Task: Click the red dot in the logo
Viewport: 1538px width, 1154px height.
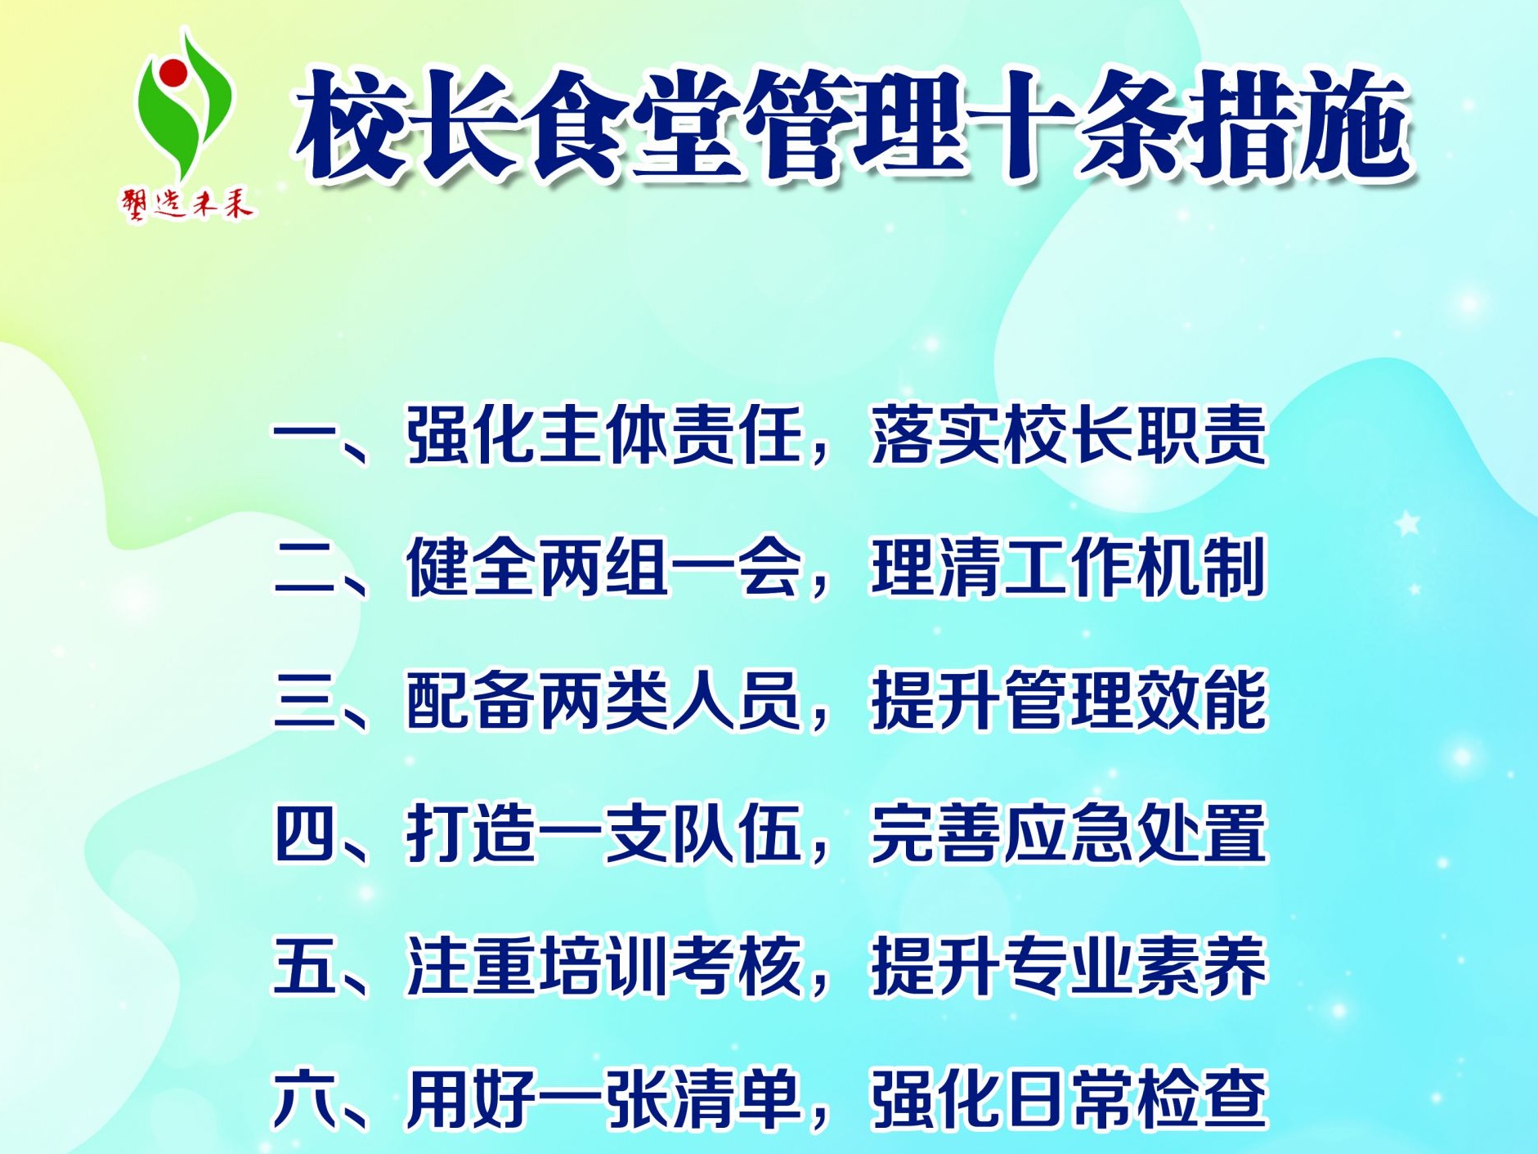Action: tap(173, 72)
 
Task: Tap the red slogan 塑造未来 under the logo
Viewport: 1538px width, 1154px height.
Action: tap(188, 203)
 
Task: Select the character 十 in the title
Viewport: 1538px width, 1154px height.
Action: tap(1022, 125)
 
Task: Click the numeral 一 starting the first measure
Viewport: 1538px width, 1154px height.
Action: tap(304, 434)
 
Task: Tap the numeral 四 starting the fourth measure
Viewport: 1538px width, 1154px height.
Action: tap(304, 833)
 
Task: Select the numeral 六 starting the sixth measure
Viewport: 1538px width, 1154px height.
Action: tap(304, 1099)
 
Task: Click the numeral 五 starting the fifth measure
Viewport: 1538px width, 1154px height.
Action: tap(304, 966)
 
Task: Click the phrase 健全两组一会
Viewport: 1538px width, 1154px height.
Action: tap(603, 568)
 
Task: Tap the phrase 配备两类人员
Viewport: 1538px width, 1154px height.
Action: tap(603, 700)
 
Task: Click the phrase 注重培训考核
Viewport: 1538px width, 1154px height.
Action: tap(603, 966)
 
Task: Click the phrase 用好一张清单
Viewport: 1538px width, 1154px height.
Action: tap(603, 1099)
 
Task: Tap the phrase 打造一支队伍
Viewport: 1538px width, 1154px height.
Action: tap(603, 833)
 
